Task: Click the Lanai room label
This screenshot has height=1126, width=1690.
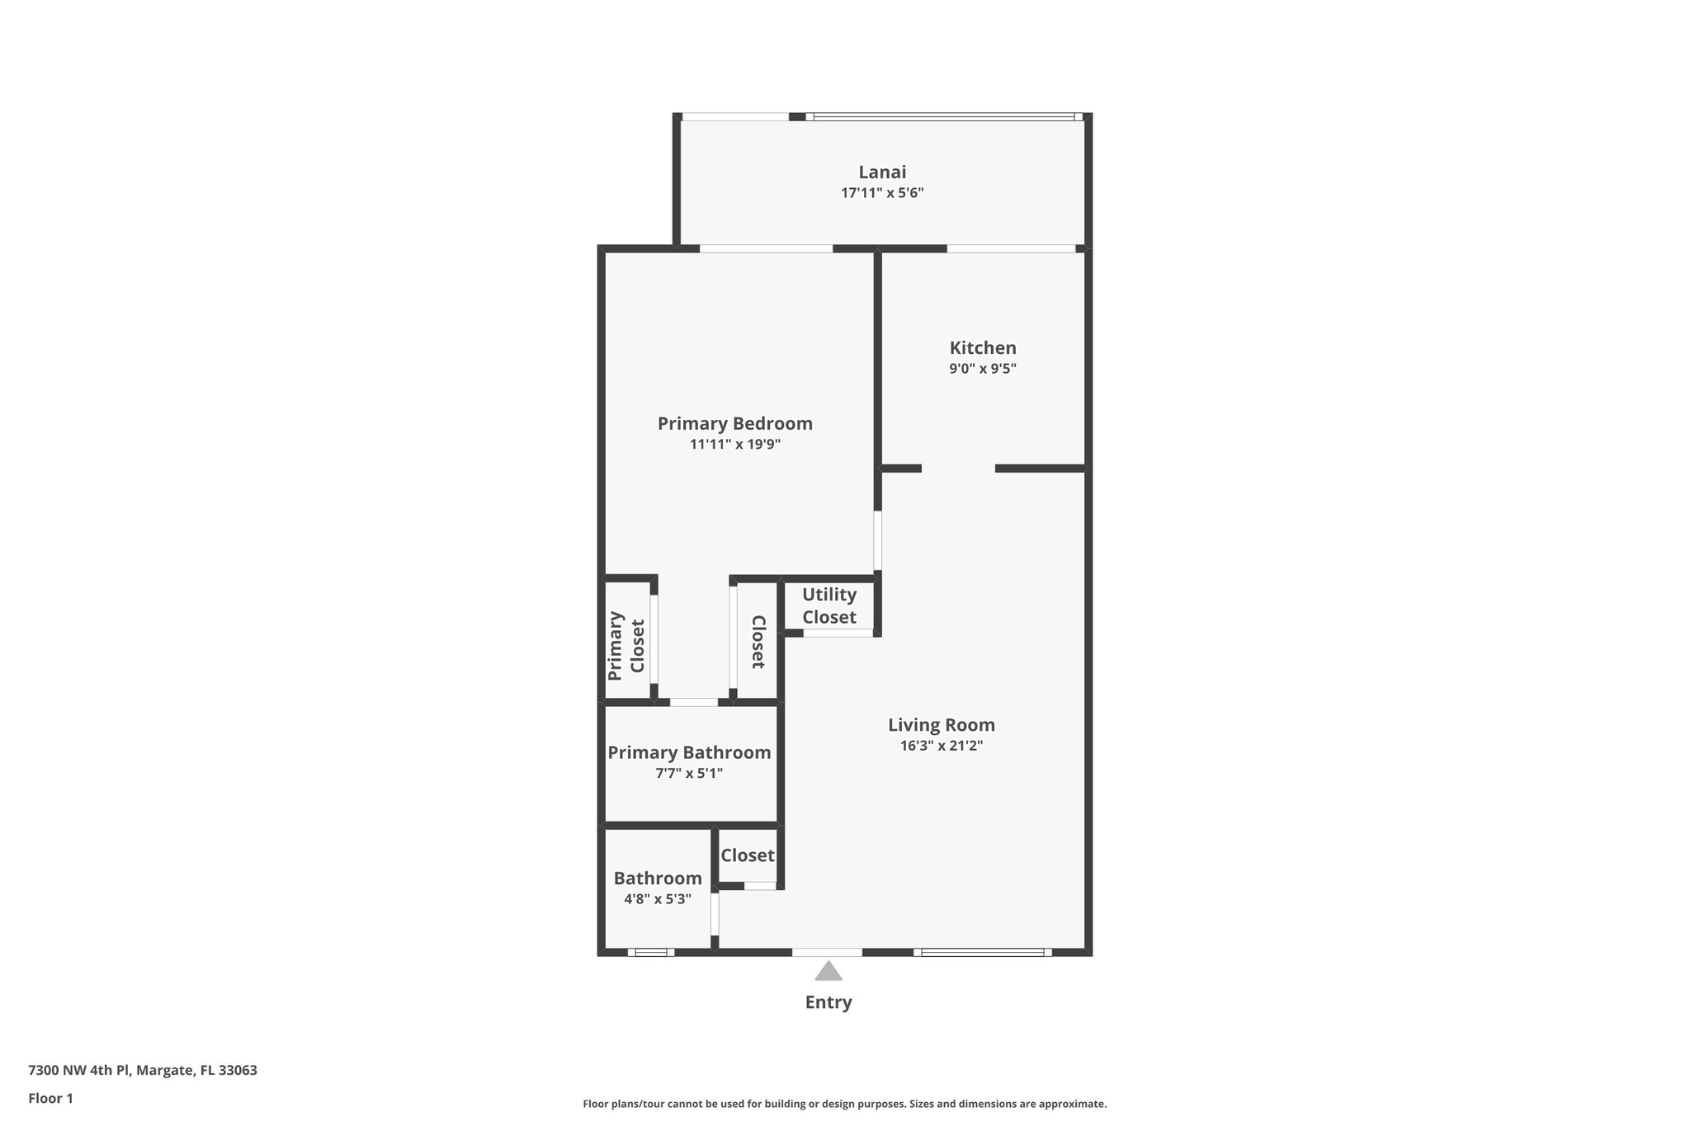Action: (882, 172)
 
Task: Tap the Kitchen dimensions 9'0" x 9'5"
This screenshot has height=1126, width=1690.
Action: (982, 369)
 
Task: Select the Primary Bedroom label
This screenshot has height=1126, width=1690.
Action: (734, 423)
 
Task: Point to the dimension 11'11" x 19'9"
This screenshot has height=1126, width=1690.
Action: (734, 445)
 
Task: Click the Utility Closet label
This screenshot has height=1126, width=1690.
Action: (828, 605)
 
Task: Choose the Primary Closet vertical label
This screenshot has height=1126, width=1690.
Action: (625, 646)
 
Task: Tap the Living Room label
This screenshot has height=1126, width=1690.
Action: (941, 725)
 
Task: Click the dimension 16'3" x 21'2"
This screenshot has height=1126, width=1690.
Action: (941, 746)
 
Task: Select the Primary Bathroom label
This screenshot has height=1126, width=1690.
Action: (689, 752)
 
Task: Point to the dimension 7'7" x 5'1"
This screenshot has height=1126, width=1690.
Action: (689, 774)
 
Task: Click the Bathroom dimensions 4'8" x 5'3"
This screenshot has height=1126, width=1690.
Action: (657, 899)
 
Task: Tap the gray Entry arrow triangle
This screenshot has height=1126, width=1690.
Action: (828, 972)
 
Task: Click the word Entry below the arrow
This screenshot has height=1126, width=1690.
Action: (828, 1002)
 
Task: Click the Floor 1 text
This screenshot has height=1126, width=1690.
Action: (50, 1098)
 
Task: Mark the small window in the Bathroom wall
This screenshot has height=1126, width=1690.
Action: (650, 952)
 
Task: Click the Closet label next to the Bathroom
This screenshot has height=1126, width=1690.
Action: (747, 855)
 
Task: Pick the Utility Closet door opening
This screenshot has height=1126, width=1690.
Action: (838, 633)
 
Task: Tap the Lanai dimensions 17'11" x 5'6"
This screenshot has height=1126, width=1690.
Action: (882, 193)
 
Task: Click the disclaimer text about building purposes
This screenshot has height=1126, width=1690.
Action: (844, 1104)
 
